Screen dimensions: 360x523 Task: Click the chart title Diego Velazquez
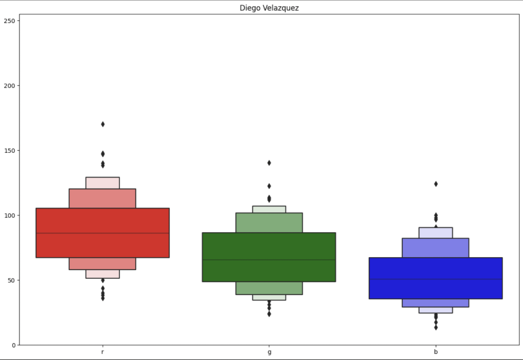pos(269,8)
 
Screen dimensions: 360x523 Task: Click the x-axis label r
pos(102,353)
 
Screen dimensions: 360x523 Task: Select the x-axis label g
pos(269,353)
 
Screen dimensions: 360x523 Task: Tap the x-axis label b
pos(436,353)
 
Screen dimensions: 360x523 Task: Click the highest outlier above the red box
pos(103,124)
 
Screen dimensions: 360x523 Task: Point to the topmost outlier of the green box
pos(269,162)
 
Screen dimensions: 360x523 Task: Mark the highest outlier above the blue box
pos(436,183)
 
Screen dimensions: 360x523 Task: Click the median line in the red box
pos(102,233)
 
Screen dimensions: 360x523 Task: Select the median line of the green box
pos(269,260)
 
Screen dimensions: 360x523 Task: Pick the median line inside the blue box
pos(436,279)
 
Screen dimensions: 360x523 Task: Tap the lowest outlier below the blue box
pos(436,327)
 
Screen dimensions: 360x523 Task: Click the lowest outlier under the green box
pos(269,314)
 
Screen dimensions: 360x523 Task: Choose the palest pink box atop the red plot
pos(103,183)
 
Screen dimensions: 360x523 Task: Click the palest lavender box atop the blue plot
pos(436,233)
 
